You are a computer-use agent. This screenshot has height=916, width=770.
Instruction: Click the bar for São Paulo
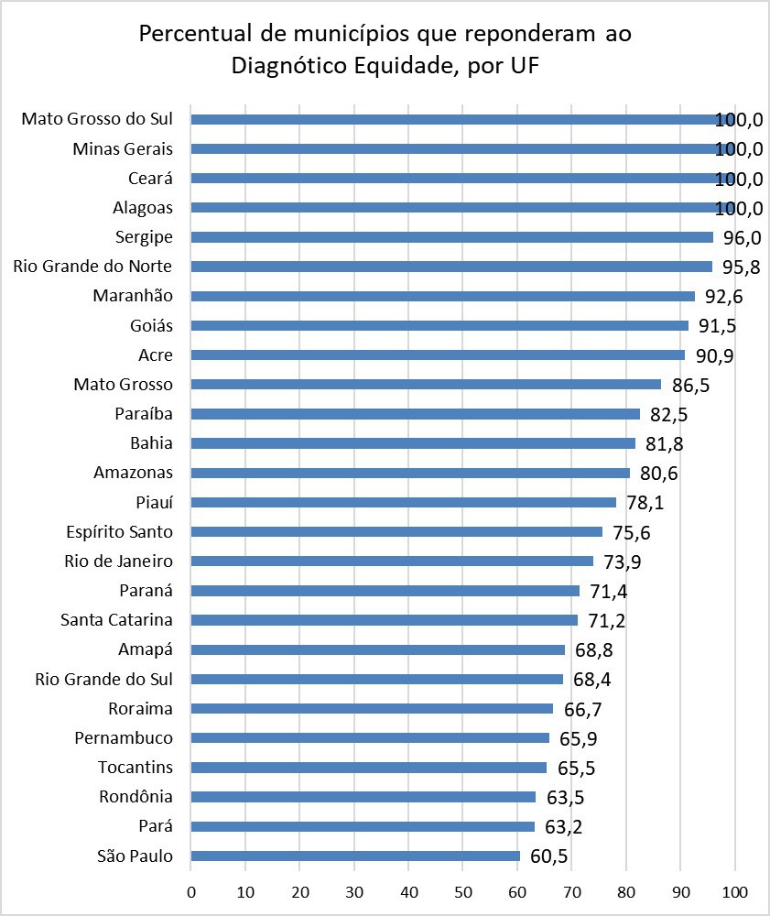pyautogui.click(x=355, y=856)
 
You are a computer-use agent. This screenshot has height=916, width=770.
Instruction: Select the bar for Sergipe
pyautogui.click(x=451, y=237)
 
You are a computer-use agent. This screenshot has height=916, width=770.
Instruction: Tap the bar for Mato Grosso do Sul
pyautogui.click(x=462, y=119)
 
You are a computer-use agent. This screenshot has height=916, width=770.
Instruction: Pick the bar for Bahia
pyautogui.click(x=413, y=443)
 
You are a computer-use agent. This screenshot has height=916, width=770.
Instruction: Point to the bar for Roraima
pyautogui.click(x=372, y=708)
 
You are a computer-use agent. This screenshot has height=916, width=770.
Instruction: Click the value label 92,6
pyautogui.click(x=724, y=297)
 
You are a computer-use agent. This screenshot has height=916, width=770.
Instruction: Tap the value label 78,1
pyautogui.click(x=645, y=503)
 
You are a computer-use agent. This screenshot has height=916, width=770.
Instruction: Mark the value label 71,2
pyautogui.click(x=607, y=621)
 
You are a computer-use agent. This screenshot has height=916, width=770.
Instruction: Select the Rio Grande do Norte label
pyautogui.click(x=93, y=267)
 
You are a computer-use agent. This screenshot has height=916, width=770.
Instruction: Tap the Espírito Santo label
pyautogui.click(x=120, y=532)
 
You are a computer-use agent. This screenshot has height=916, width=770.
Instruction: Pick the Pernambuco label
pyautogui.click(x=124, y=738)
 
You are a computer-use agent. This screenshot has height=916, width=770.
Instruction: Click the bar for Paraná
pyautogui.click(x=385, y=591)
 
